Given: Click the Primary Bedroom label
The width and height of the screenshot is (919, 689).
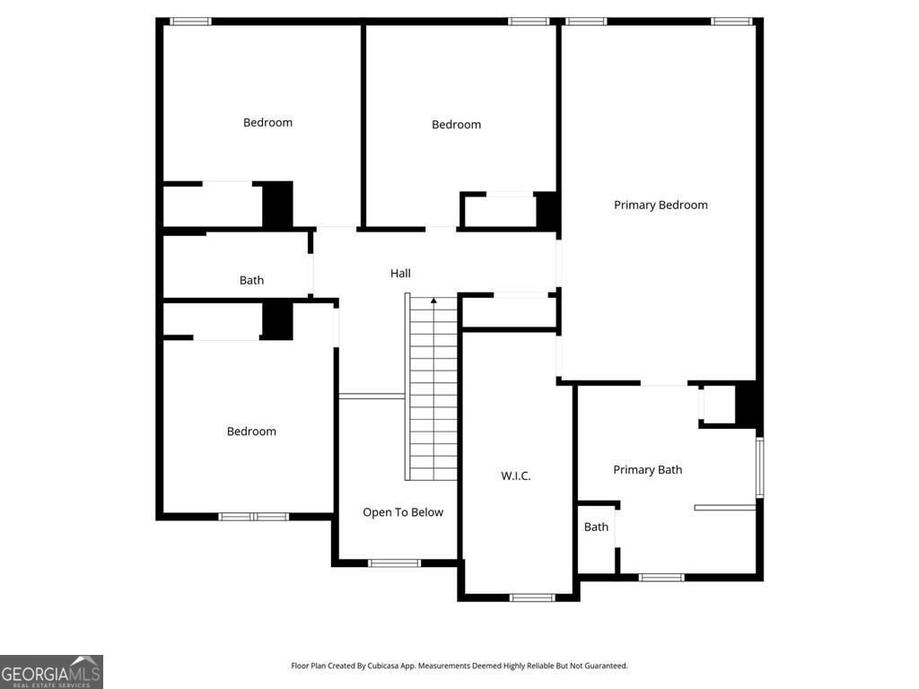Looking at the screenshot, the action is coord(661,205).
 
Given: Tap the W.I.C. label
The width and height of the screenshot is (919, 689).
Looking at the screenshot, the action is coord(516,475).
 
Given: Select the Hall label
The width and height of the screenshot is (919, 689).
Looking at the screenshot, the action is coord(400,273).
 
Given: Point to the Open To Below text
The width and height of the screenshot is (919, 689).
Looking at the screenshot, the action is coord(403,512).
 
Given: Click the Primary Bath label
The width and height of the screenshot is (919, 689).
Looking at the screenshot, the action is coord(648,470).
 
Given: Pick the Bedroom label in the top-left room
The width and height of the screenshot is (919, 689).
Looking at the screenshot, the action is coord(267,122).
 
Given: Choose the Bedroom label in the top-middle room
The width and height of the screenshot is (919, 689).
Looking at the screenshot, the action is coord(456,124).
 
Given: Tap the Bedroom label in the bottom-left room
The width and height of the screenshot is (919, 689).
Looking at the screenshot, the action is coord(251,432).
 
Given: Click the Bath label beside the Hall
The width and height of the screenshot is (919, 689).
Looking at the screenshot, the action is coord(251,280).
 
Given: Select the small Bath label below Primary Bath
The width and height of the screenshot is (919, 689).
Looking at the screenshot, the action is coord(596,527).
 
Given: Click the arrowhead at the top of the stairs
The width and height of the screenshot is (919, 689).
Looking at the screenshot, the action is coord(433,301).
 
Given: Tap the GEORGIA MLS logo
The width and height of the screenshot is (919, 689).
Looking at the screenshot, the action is coord(51,672).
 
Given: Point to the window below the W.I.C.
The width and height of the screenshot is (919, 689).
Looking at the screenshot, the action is coord(531,597).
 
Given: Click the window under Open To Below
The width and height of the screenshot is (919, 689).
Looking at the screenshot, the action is coord(395,563).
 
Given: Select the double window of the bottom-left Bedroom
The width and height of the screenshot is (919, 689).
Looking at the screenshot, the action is coord(253,517).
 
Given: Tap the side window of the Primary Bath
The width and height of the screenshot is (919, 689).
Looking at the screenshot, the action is coord(759,467).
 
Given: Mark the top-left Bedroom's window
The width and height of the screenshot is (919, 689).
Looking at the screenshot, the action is coord(190,22).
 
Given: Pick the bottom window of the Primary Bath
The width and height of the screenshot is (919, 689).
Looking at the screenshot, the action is coord(661,578).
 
